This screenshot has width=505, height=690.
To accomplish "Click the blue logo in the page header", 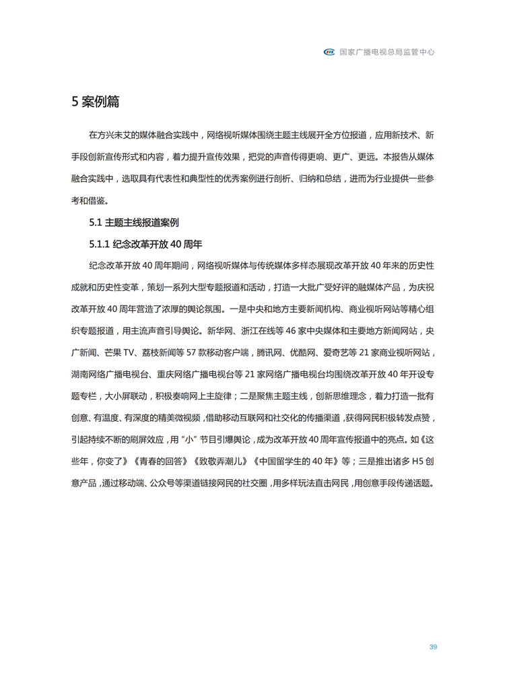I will pyautogui.click(x=330, y=51).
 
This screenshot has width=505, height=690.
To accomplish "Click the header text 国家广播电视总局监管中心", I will pyautogui.click(x=386, y=51).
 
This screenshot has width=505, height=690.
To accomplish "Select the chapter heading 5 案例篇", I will pyautogui.click(x=96, y=102).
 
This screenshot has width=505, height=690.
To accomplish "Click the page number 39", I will pyautogui.click(x=433, y=647).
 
